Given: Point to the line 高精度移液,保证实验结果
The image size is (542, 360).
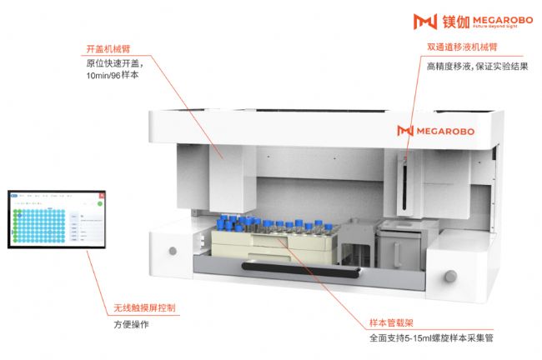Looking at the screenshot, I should [476, 66].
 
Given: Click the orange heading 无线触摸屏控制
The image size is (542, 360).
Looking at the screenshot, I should [144, 307].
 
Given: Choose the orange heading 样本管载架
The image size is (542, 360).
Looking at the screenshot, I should [392, 322].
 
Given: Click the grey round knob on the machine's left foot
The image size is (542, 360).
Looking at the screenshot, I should [173, 250].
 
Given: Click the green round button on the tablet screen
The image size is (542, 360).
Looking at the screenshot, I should [99, 203].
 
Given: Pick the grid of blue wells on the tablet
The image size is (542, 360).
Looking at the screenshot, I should [38, 222].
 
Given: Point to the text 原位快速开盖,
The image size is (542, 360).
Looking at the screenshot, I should [113, 62].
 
